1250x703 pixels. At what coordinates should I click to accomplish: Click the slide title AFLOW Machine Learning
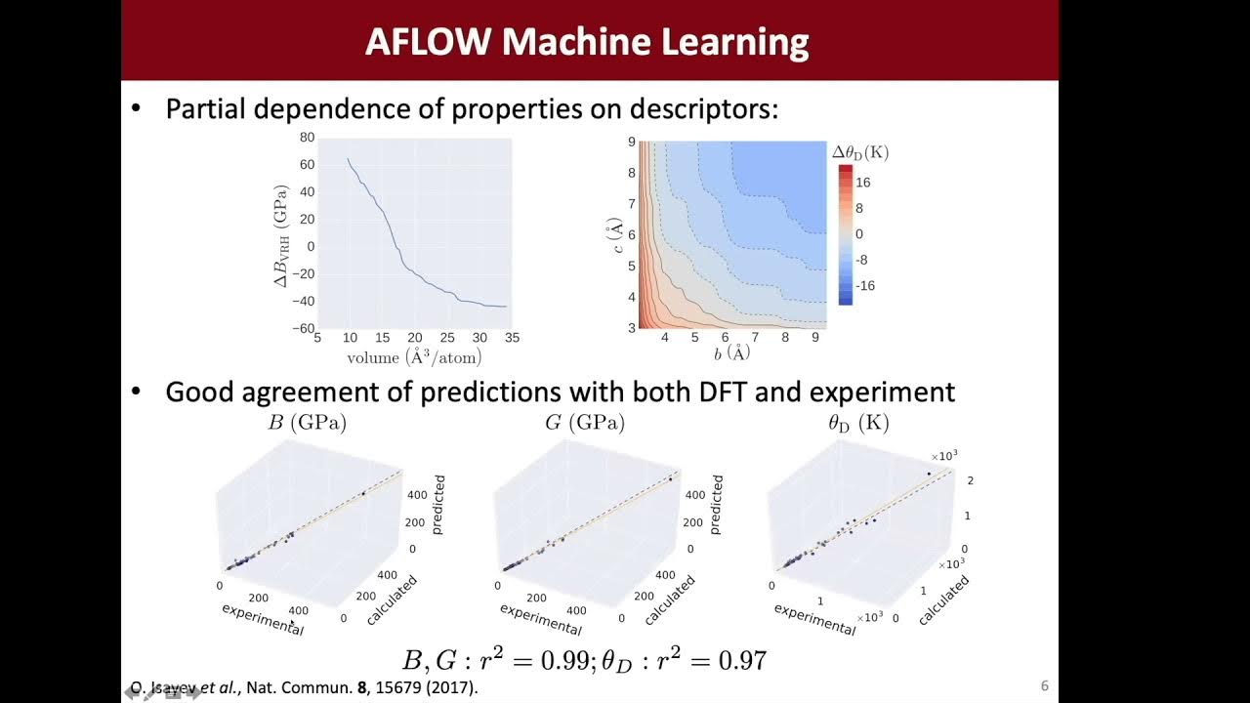point(587,42)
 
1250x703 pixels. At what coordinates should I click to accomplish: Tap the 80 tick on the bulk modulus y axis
point(307,138)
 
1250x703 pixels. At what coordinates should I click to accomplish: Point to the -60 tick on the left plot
point(304,329)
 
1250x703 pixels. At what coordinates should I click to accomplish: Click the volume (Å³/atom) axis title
point(413,357)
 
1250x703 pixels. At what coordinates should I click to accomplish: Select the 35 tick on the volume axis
point(512,338)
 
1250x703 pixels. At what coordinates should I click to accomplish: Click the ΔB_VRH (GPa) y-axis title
point(281,234)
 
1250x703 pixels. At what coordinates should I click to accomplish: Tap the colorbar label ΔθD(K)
point(859,153)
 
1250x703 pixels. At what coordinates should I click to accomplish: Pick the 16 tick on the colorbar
point(863,183)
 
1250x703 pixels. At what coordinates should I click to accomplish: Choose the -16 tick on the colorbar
point(865,286)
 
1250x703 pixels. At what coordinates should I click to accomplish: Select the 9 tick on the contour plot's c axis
point(632,142)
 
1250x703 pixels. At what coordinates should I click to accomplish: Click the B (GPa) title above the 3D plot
point(308,423)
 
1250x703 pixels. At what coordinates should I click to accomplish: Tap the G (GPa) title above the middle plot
point(585,423)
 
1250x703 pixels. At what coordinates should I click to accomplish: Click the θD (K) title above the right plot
point(858,423)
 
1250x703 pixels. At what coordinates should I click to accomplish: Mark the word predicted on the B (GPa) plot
point(439,504)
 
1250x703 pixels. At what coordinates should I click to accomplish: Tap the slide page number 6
point(1044,686)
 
